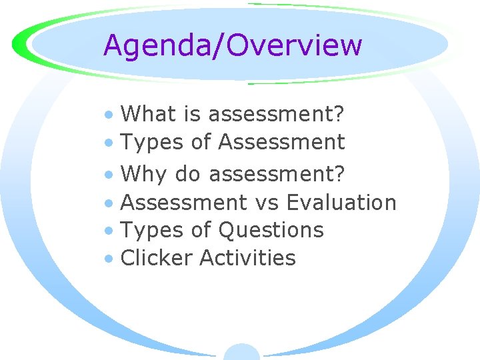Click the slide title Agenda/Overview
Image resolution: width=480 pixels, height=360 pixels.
[x=233, y=45]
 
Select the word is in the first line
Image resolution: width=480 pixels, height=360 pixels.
[x=193, y=114]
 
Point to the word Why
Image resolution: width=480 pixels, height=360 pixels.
[x=145, y=174]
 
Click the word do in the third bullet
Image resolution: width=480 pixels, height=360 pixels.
[x=188, y=174]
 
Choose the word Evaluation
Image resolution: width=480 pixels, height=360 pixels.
[x=341, y=202]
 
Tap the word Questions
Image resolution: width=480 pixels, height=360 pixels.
[x=271, y=230]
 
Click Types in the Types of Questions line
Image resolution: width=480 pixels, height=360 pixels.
[x=150, y=230]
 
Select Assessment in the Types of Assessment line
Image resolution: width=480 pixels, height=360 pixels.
[x=281, y=142]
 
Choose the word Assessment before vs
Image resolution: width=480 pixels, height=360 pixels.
[x=183, y=202]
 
